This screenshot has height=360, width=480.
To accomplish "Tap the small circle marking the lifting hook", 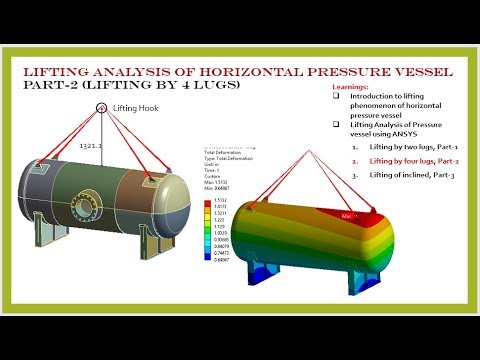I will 101,106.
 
